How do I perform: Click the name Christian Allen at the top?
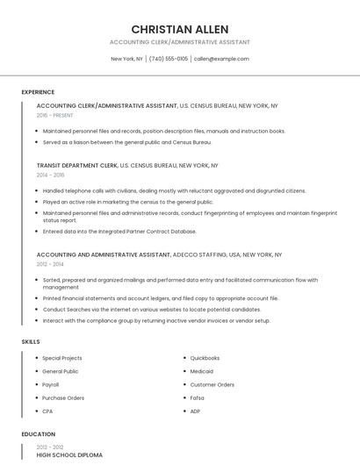pyautogui.click(x=180, y=29)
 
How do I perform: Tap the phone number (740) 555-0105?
pyautogui.click(x=169, y=59)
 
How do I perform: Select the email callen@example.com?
pyautogui.click(x=221, y=59)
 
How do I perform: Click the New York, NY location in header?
pyautogui.click(x=126, y=59)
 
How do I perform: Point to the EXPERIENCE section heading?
pyautogui.click(x=38, y=92)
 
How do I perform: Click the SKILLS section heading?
pyautogui.click(x=31, y=341)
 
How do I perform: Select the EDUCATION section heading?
pyautogui.click(x=38, y=434)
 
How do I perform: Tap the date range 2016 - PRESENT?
pyautogui.click(x=55, y=115)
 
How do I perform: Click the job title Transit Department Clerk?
pyautogui.click(x=76, y=165)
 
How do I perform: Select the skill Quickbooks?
pyautogui.click(x=205, y=358)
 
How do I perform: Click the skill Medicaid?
pyautogui.click(x=202, y=371)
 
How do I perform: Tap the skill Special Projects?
pyautogui.click(x=62, y=358)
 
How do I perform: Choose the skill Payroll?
pyautogui.click(x=51, y=384)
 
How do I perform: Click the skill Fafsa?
pyautogui.click(x=198, y=397)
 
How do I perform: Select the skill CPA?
pyautogui.click(x=47, y=411)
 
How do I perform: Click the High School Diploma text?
pyautogui.click(x=69, y=455)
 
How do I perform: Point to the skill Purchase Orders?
pyautogui.click(x=63, y=397)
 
